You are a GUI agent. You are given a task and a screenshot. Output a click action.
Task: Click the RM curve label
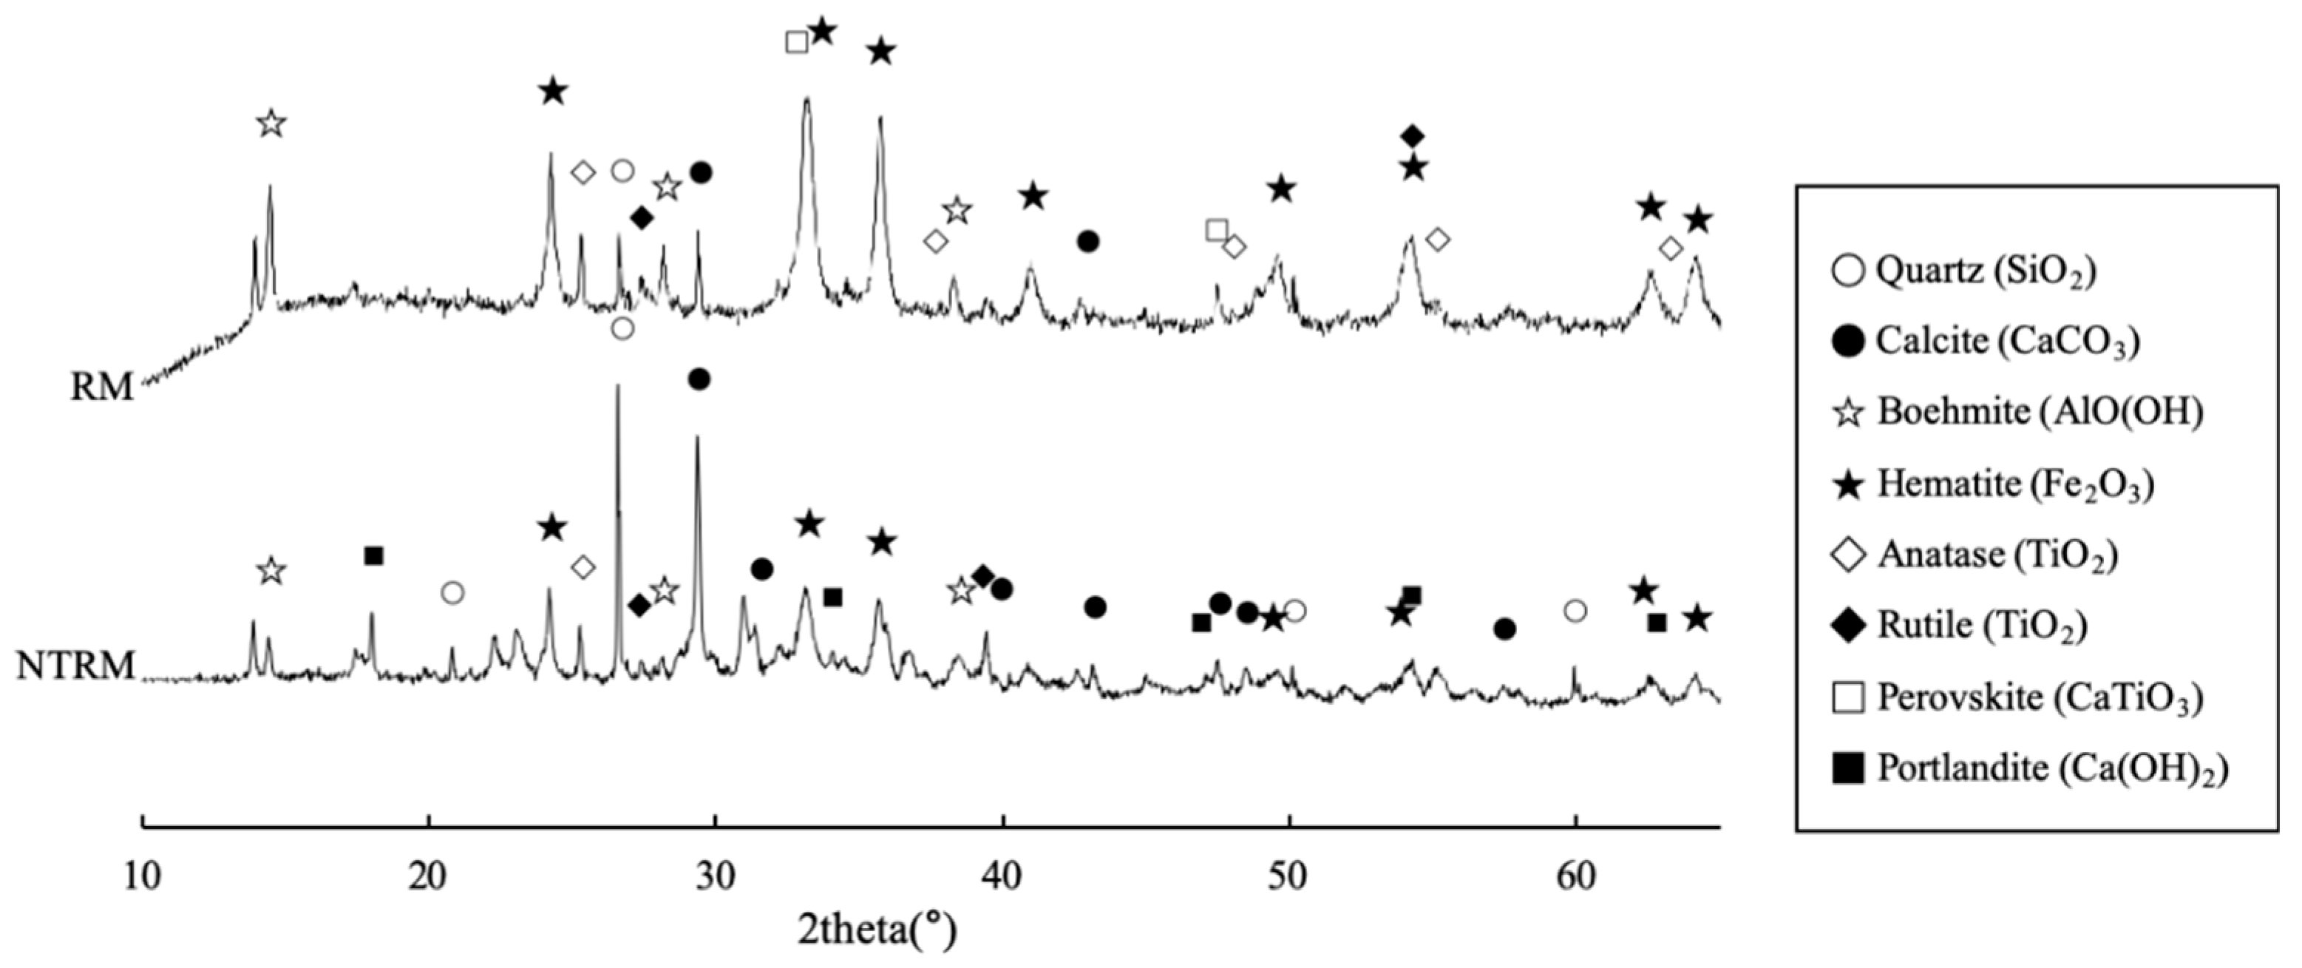click(102, 387)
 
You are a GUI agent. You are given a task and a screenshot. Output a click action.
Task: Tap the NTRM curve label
click(75, 666)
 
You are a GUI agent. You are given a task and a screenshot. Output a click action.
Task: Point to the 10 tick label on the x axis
click(143, 877)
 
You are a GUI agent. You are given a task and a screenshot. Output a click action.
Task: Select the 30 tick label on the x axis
click(715, 877)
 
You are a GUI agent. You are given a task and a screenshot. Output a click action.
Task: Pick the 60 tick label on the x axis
click(1575, 877)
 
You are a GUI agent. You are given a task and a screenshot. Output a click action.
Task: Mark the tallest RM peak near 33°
click(807, 100)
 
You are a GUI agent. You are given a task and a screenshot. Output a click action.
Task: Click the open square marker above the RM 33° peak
click(796, 42)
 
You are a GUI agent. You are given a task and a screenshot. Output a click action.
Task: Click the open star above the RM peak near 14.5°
click(271, 124)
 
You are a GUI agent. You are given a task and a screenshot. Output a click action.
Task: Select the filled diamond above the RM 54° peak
click(1412, 136)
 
